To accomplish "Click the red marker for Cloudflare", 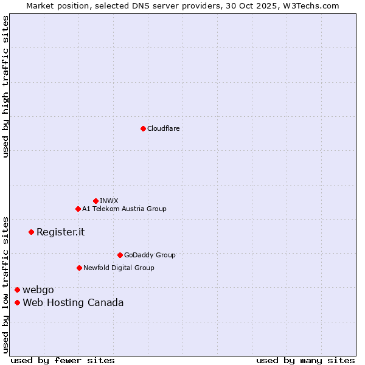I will [x=143, y=128].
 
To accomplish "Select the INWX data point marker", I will [x=96, y=201].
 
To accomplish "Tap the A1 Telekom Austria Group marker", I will [x=78, y=209].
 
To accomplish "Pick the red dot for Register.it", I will [x=31, y=232].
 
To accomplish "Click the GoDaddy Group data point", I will [x=120, y=255].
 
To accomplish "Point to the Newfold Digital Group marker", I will [x=79, y=268].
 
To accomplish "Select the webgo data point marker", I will [x=17, y=290].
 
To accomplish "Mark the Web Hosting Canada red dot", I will [x=17, y=302].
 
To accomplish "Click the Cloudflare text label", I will [x=164, y=128].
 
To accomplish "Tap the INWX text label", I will [x=109, y=201].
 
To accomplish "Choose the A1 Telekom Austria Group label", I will [x=124, y=209].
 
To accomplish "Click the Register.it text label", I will [x=60, y=232].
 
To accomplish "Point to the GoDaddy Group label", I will [x=150, y=255].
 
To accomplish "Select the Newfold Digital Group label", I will [x=119, y=268].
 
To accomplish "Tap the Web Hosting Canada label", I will [x=73, y=302].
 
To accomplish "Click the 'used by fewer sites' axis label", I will [x=63, y=360].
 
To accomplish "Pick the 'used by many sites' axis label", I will [x=305, y=360].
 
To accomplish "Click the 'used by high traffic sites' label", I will [x=5, y=86].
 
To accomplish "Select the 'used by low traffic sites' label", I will [x=5, y=285].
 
